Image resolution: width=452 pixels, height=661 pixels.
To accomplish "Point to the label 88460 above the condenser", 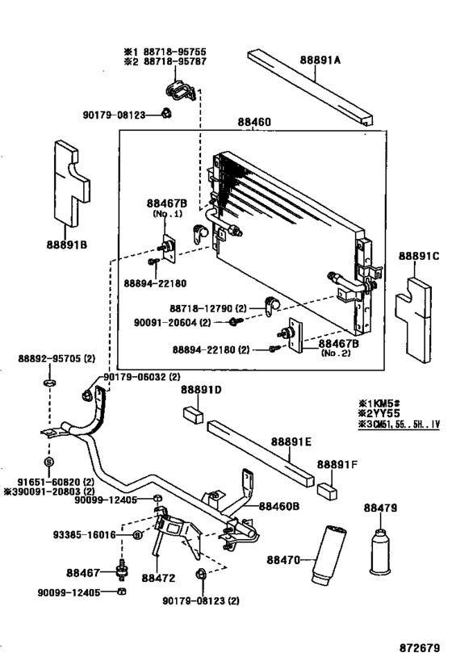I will [254, 123].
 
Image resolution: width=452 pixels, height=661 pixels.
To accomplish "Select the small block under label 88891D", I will [193, 414].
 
